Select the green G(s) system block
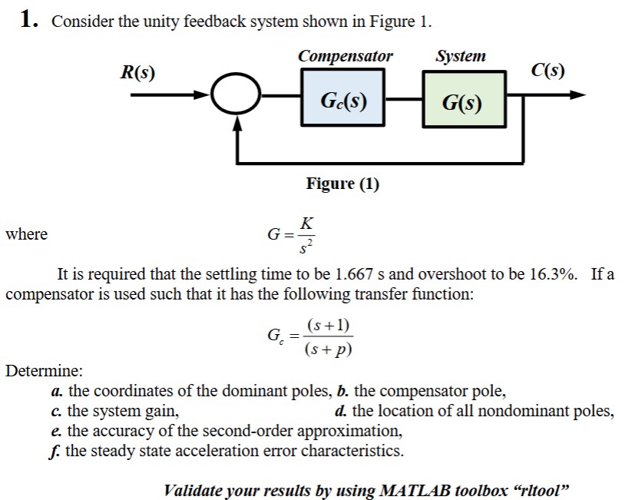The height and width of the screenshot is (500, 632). click(463, 101)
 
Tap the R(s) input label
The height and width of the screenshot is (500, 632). click(137, 73)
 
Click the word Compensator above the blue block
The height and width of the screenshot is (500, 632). click(345, 56)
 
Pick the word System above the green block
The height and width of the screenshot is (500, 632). click(460, 56)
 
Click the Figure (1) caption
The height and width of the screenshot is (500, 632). click(342, 184)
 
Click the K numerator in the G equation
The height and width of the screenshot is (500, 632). click(306, 224)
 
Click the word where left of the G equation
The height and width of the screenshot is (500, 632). click(26, 233)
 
